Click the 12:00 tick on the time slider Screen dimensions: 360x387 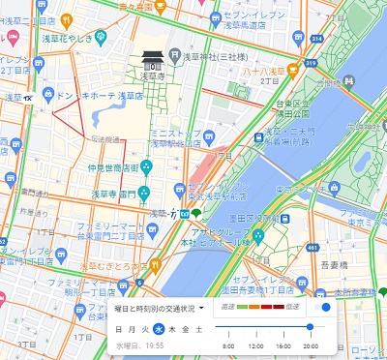[x=255, y=345]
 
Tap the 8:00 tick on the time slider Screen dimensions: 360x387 [x=228, y=345]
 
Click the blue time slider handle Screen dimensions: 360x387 [x=310, y=327]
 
